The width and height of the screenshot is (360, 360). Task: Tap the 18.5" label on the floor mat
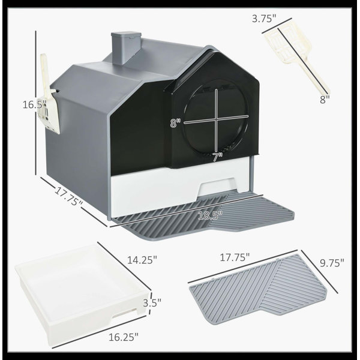click(210, 215)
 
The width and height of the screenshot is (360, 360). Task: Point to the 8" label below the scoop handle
click(325, 100)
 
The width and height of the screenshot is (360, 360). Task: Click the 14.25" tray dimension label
click(142, 260)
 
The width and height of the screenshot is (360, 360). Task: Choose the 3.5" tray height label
click(152, 303)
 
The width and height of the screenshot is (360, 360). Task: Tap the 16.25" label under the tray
click(124, 337)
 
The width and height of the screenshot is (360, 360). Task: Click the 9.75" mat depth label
click(332, 263)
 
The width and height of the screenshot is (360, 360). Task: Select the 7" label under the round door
click(217, 157)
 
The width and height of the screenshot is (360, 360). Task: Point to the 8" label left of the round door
click(175, 123)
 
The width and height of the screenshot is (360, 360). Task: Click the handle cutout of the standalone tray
click(124, 314)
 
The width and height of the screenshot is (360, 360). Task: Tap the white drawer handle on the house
click(217, 187)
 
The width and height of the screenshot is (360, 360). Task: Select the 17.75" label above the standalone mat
click(235, 257)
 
